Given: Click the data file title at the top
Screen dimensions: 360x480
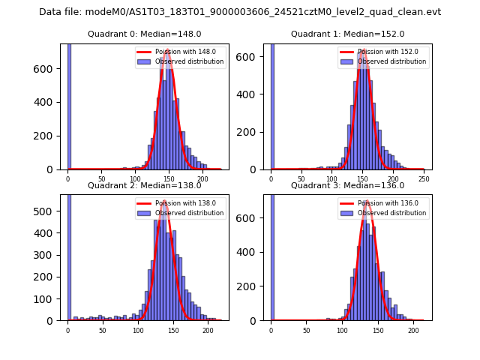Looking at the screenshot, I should click(x=240, y=12).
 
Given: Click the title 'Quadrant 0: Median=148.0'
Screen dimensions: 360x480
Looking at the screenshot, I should click(x=145, y=34).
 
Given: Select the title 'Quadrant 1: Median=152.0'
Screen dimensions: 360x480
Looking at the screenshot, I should click(x=348, y=34).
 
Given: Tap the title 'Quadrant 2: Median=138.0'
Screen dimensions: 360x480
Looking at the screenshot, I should click(x=145, y=185).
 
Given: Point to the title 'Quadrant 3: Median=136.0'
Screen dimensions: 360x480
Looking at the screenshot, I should click(x=348, y=185).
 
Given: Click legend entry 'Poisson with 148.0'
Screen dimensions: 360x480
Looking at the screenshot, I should click(x=181, y=52).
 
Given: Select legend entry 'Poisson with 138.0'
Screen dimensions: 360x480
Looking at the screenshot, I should click(x=181, y=202).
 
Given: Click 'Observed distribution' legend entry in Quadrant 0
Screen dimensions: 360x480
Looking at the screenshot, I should click(x=189, y=61).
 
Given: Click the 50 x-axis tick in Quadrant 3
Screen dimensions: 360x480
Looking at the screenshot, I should click(x=306, y=330).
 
